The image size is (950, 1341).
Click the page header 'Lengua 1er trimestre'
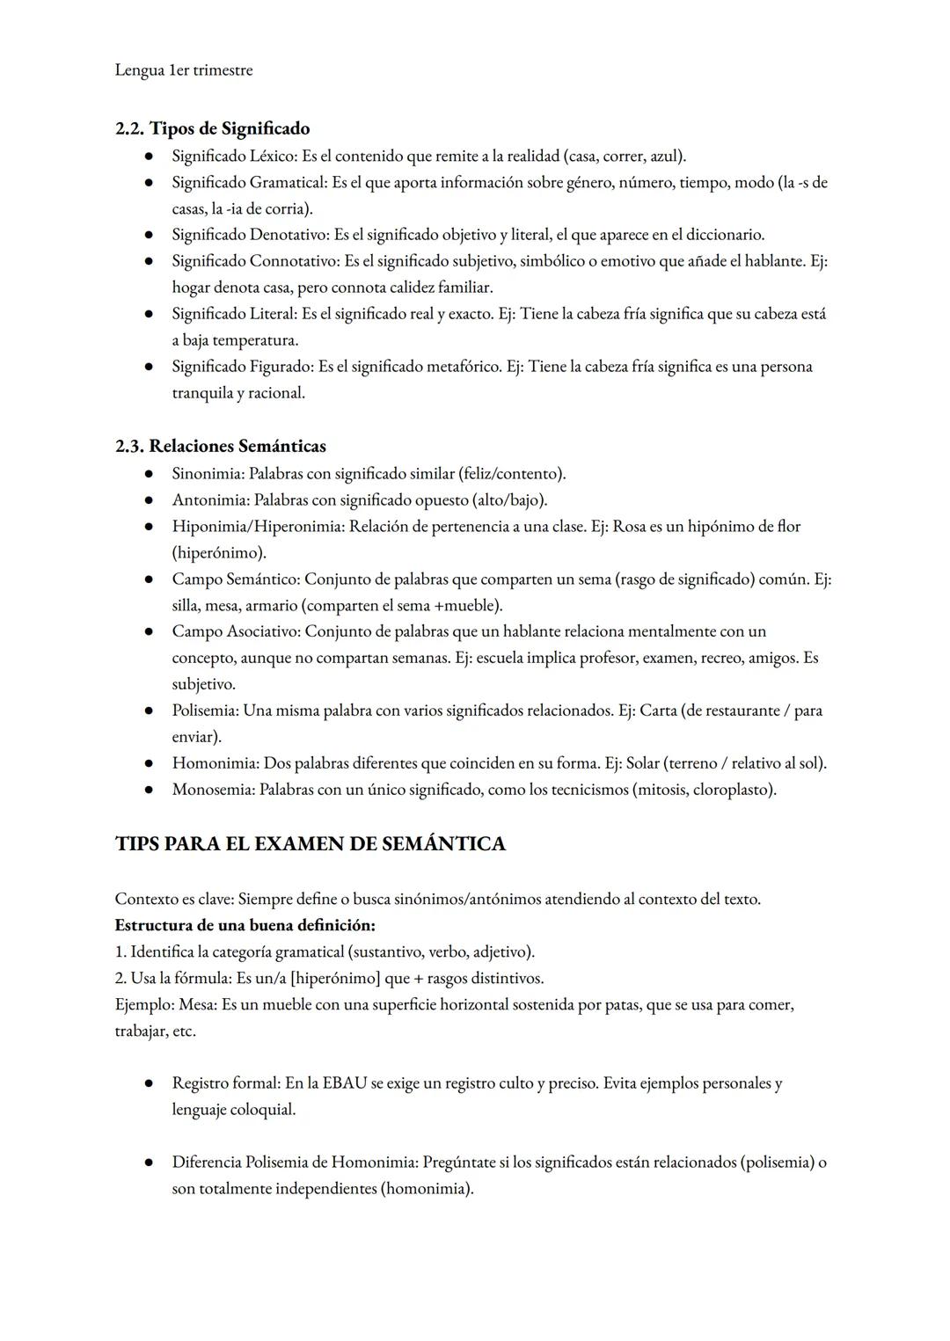(x=183, y=70)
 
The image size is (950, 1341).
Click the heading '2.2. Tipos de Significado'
(x=212, y=128)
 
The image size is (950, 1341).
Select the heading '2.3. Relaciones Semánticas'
(x=220, y=446)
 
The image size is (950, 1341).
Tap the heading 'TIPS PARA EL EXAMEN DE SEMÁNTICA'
(x=310, y=843)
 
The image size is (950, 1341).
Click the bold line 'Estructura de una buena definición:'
(x=245, y=925)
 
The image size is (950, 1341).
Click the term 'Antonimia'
(x=208, y=499)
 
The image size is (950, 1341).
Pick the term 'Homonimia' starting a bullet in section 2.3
(x=213, y=762)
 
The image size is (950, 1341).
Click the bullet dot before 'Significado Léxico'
(x=150, y=156)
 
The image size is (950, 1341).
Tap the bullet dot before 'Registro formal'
(x=150, y=1083)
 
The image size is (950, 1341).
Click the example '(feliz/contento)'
(x=511, y=473)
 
